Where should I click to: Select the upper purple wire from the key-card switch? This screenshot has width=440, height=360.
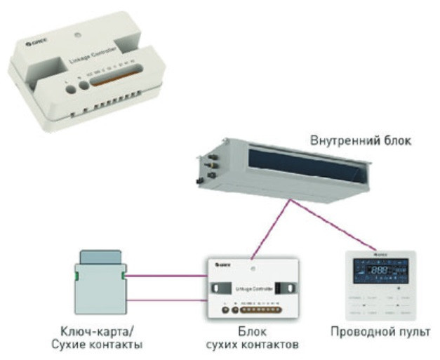(x=168, y=276)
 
